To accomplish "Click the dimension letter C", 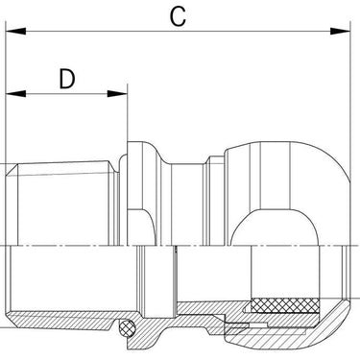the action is click(x=178, y=16).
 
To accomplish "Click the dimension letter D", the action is click(x=67, y=79).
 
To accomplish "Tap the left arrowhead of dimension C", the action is click(x=15, y=31).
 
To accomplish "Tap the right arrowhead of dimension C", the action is click(x=341, y=31).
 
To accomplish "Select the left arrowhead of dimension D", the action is click(x=15, y=94).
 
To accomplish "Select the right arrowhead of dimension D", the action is click(x=117, y=94).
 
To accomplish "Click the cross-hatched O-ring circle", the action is click(x=127, y=327).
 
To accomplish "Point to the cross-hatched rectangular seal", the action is click(x=285, y=305).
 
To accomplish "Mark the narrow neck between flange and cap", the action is click(x=187, y=204).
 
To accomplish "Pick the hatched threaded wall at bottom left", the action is click(x=60, y=319).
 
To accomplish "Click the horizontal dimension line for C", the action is click(x=179, y=31).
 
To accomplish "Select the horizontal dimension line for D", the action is click(x=66, y=94).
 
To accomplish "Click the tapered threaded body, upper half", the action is click(x=65, y=204).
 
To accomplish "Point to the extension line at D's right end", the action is click(x=128, y=112).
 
